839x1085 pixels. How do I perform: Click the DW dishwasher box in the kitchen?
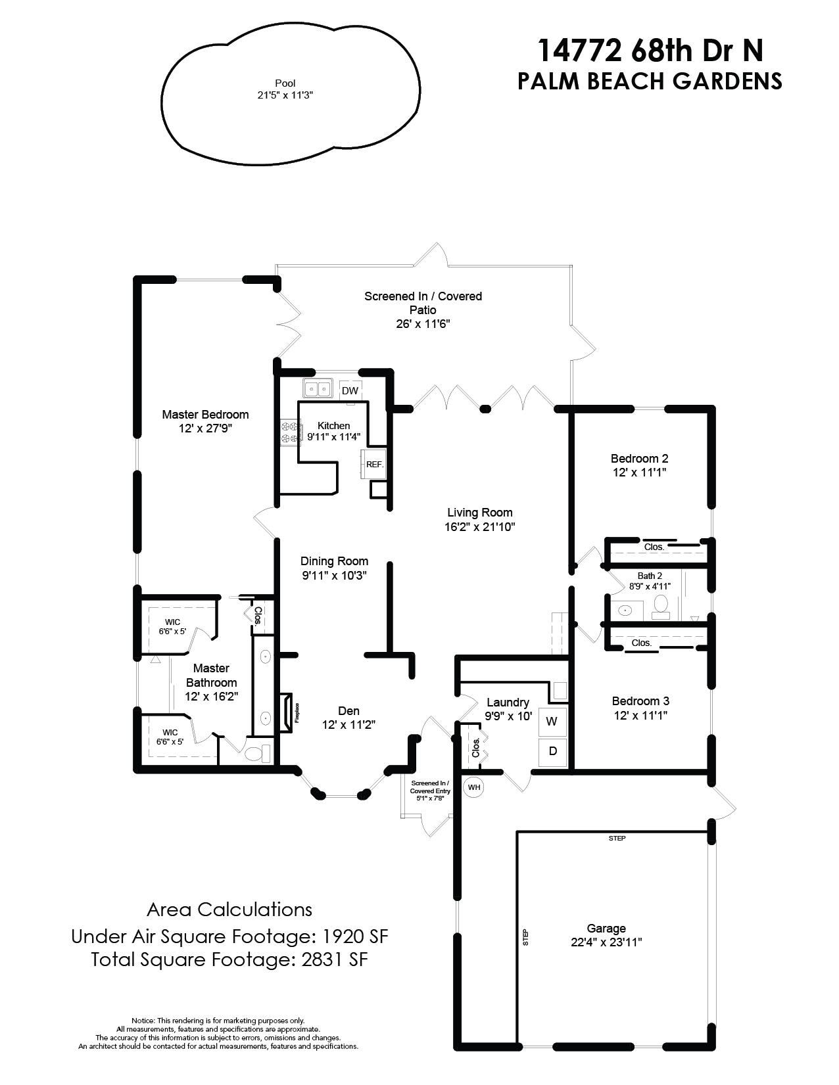350,390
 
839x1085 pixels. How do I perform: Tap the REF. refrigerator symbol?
374,464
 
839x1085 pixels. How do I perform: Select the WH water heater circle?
473,787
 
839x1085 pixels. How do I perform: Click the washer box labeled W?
552,721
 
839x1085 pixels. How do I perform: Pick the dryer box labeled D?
552,750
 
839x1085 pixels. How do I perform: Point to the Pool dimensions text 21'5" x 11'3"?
285,95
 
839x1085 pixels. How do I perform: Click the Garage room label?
606,929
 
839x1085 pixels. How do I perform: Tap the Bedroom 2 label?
639,458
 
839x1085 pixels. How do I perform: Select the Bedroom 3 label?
640,701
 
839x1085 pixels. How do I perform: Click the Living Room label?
479,512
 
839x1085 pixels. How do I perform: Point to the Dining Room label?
334,561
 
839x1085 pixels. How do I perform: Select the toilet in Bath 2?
661,605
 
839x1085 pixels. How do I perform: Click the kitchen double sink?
318,389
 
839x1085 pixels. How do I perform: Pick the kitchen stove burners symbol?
290,432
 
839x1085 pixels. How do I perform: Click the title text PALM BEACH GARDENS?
649,80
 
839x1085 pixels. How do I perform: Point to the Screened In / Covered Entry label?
429,787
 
